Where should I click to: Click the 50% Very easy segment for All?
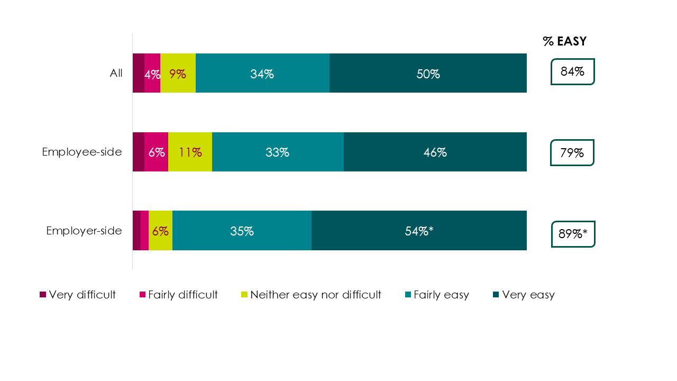[x=428, y=74]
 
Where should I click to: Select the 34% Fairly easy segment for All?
[x=262, y=74]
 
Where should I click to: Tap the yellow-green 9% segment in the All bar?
[x=178, y=74]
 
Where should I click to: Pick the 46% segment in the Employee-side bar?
[x=435, y=152]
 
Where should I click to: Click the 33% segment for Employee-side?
[x=278, y=152]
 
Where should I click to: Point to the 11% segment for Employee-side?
[x=190, y=152]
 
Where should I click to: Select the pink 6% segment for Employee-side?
[x=156, y=152]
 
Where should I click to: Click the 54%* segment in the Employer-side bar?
[x=419, y=231]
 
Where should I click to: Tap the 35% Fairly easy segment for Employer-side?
[x=242, y=231]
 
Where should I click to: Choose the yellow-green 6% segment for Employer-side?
[x=160, y=231]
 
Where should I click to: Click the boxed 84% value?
[x=572, y=72]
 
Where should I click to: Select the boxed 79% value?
[x=572, y=153]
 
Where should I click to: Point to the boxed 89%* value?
[x=573, y=234]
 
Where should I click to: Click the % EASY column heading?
[x=564, y=42]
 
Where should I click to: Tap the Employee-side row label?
[x=82, y=152]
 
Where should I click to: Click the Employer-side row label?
[x=84, y=231]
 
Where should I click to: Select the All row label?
[x=116, y=74]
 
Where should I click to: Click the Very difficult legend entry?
[x=78, y=295]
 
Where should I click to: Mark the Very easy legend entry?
[x=524, y=295]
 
